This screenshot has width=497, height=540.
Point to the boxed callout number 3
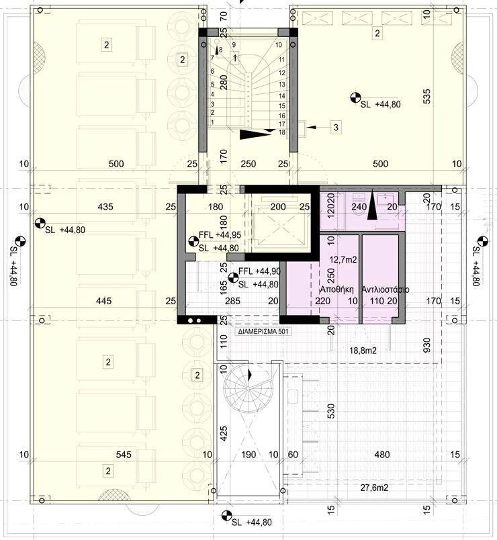coord(336,126)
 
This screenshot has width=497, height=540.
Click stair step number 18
coord(282,132)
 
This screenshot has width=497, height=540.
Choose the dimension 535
coord(426,98)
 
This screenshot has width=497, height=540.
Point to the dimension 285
coord(232,301)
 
